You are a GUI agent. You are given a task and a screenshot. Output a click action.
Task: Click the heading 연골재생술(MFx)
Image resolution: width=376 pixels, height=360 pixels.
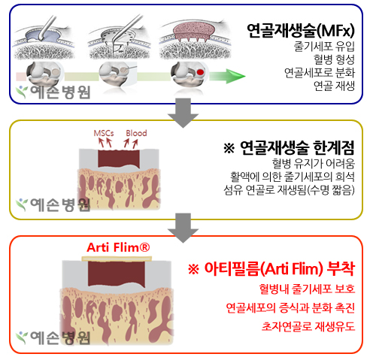(301, 31)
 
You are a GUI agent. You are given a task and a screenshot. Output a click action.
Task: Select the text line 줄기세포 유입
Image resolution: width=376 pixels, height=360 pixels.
(324, 47)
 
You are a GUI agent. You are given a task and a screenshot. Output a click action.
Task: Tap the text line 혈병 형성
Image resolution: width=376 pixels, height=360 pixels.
(334, 59)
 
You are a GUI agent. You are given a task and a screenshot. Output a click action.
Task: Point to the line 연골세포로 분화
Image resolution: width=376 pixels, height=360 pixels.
(320, 73)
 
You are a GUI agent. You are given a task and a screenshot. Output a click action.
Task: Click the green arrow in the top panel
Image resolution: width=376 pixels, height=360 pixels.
(227, 76)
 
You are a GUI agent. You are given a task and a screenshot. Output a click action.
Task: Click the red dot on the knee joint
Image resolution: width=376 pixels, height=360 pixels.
(200, 72)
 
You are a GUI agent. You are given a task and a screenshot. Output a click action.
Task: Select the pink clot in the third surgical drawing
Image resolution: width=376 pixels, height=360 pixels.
(194, 32)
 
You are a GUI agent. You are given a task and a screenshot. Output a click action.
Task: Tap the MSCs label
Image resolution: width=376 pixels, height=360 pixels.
(104, 133)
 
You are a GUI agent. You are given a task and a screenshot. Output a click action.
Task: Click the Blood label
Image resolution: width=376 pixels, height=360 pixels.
(136, 133)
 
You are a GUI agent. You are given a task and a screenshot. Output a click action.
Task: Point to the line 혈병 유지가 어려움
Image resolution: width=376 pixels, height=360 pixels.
(314, 164)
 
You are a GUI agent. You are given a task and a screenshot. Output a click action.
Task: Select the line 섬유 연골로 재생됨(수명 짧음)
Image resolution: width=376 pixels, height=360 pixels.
(290, 190)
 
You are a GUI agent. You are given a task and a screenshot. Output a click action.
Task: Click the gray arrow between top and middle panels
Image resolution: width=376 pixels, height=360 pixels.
(183, 113)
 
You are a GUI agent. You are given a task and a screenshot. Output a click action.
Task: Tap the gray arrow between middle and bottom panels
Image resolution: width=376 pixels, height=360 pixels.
(183, 228)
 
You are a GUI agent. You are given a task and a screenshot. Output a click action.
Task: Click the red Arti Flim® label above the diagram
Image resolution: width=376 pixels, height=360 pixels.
(118, 247)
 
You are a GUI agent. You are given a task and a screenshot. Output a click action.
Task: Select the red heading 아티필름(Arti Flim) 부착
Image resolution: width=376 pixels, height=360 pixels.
(271, 268)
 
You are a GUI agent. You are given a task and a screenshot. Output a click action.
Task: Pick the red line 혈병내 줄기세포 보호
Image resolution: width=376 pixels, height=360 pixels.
(307, 289)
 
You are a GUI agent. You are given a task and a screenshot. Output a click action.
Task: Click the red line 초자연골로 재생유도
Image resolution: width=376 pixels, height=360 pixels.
(308, 326)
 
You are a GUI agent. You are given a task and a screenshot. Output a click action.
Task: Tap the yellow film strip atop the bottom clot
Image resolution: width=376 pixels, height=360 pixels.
(117, 259)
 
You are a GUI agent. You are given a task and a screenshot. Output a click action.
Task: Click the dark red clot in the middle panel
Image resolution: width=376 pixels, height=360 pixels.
(119, 159)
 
